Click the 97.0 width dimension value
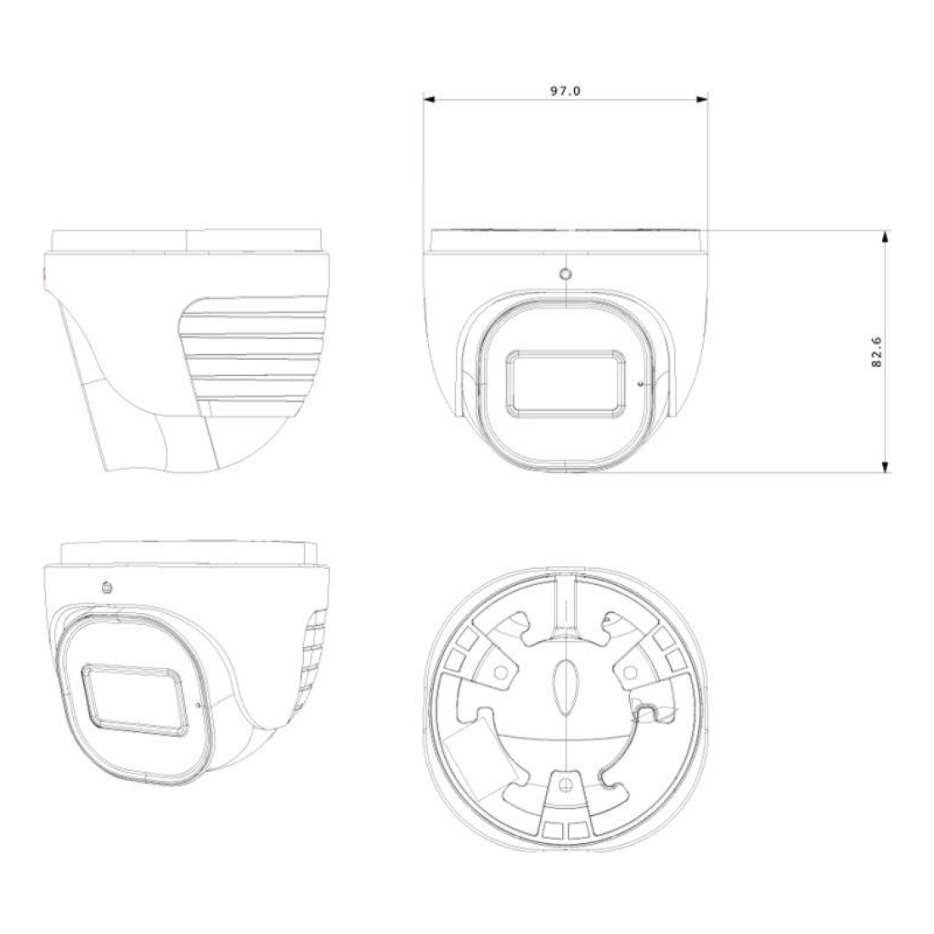point(565,90)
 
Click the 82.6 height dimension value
point(877,350)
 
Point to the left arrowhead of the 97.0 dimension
point(430,99)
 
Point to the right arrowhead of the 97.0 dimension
point(702,99)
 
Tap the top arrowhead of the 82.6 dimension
point(886,235)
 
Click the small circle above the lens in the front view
point(565,274)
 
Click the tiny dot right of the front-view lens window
point(639,384)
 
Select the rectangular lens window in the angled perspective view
point(134,700)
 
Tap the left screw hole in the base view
point(501,672)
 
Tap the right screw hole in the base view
point(630,672)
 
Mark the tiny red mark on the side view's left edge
point(44,274)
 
